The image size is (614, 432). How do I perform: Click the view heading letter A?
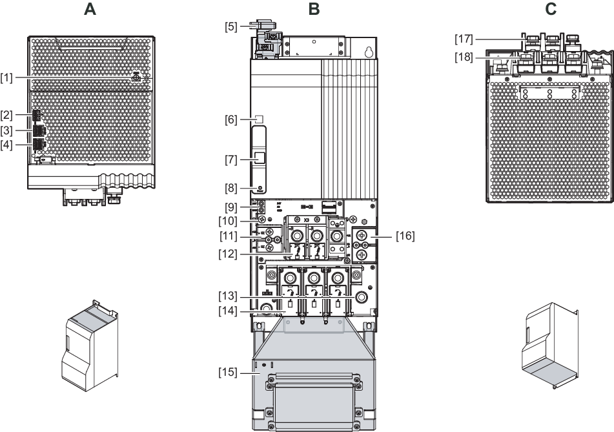pyautogui.click(x=90, y=9)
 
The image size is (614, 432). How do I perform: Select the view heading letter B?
pyautogui.click(x=314, y=9)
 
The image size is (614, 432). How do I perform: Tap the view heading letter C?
pyautogui.click(x=550, y=9)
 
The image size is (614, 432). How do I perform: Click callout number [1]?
pyautogui.click(x=7, y=78)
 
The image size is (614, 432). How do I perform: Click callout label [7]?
pyautogui.click(x=231, y=158)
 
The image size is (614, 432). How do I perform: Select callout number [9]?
pyautogui.click(x=231, y=209)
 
